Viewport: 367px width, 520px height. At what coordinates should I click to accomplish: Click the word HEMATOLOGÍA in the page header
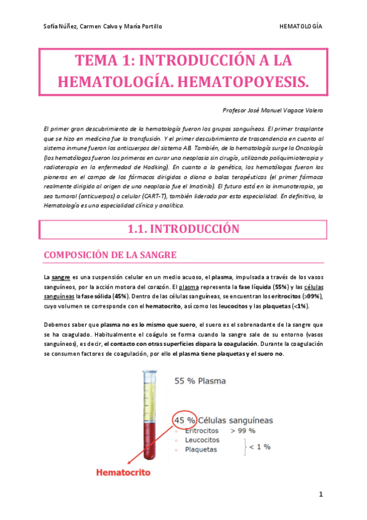[x=301, y=27]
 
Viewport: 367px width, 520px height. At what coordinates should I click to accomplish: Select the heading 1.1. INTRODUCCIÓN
[x=183, y=229]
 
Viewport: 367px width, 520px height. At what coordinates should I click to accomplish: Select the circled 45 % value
[x=185, y=421]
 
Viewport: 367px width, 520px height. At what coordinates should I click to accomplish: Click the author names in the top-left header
[x=103, y=27]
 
